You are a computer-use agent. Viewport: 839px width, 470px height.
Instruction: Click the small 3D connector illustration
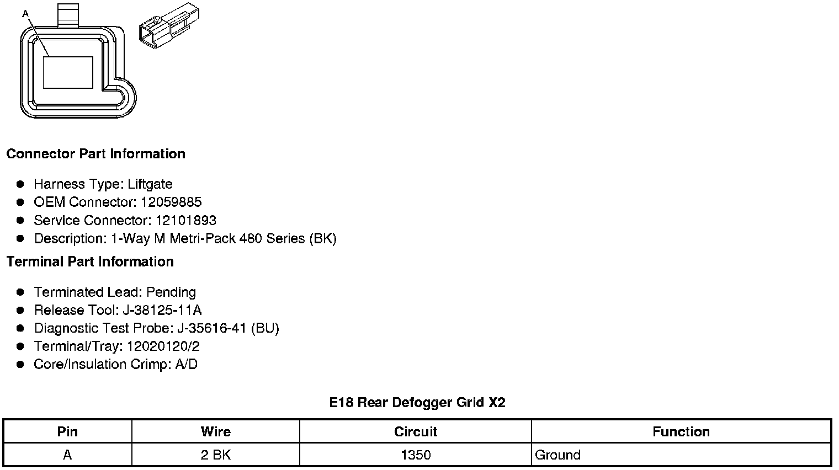[169, 25]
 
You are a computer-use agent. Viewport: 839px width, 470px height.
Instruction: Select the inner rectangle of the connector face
[67, 72]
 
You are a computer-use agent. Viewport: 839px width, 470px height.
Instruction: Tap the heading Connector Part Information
[95, 153]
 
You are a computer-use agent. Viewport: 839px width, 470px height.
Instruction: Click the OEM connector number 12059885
[171, 202]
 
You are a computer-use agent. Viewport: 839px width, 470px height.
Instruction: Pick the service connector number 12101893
[185, 220]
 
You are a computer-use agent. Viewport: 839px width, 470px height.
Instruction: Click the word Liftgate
[150, 184]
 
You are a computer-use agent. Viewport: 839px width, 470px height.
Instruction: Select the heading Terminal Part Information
[90, 261]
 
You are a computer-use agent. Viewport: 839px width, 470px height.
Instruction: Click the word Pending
[171, 292]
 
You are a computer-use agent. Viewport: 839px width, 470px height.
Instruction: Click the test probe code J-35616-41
[212, 328]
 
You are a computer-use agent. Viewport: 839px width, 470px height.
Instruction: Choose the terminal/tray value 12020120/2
[163, 346]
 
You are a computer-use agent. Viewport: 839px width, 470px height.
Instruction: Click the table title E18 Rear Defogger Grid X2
[417, 402]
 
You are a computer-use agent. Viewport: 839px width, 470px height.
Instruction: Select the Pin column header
[67, 431]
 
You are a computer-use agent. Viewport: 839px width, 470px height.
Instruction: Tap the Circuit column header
[415, 431]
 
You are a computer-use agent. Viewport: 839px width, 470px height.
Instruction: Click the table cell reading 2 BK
[215, 455]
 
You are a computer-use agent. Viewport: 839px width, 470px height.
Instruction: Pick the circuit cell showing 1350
[415, 455]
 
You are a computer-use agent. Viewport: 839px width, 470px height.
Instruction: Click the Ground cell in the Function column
[557, 455]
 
